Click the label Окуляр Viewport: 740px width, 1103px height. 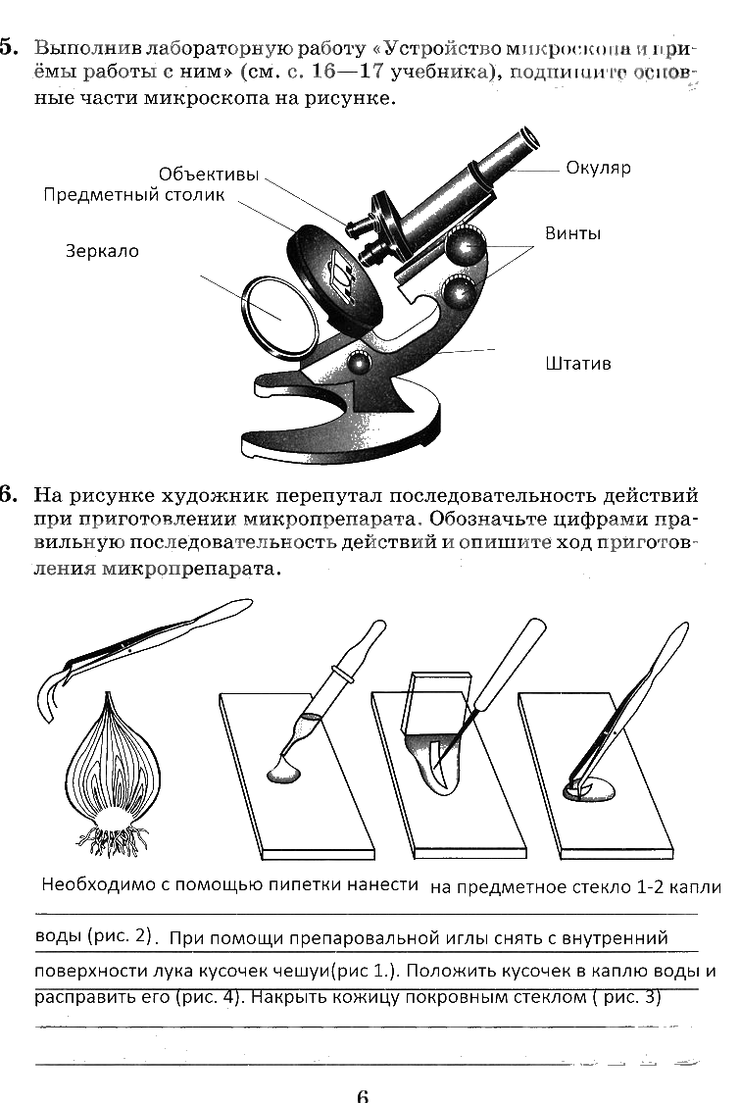click(598, 168)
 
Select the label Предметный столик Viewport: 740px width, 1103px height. click(133, 195)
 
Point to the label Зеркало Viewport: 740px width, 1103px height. click(102, 251)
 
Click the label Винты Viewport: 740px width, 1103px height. click(572, 234)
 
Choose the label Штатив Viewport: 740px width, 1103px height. click(577, 364)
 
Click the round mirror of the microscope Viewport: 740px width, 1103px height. click(279, 314)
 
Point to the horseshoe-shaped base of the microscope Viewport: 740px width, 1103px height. click(343, 422)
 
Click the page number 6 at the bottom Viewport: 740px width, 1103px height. click(362, 1094)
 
